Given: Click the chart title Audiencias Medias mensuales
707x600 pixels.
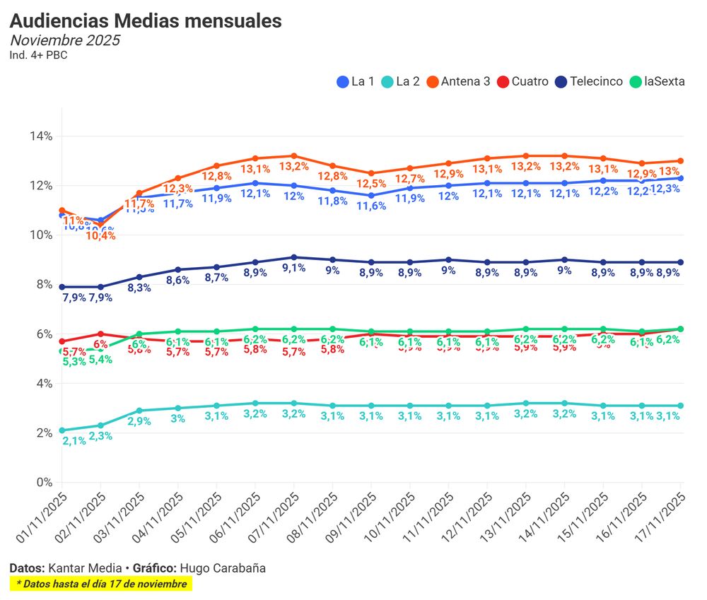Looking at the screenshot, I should [x=146, y=21].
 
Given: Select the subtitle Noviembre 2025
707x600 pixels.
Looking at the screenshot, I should [x=64, y=40].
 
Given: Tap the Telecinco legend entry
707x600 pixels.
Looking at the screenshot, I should [x=588, y=81].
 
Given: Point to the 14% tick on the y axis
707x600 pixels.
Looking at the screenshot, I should [x=40, y=136].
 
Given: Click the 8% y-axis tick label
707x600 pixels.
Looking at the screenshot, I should [x=43, y=284].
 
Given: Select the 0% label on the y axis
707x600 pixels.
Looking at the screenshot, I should [x=43, y=483].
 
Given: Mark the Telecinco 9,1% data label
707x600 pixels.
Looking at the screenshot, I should [x=293, y=269].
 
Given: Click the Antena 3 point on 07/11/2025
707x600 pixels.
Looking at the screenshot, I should [x=294, y=156].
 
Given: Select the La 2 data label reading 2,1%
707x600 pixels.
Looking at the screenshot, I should [x=74, y=441].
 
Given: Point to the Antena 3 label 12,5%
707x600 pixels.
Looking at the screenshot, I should [x=371, y=184].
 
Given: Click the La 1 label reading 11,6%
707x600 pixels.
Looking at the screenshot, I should [x=371, y=206].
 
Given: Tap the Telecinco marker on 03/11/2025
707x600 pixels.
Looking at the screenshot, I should [x=139, y=277].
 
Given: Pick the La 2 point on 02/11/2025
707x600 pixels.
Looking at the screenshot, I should [x=100, y=425].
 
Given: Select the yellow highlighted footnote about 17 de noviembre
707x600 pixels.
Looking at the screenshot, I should [x=101, y=584].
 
